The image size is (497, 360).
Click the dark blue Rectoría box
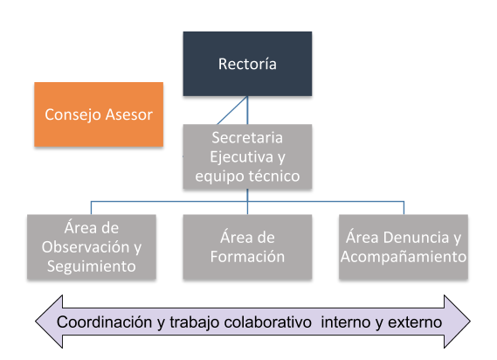point(247,64)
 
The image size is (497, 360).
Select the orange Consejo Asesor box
point(99,114)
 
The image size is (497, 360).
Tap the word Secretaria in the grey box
point(247,138)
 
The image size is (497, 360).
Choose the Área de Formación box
point(247,247)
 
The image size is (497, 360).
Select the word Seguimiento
point(92,267)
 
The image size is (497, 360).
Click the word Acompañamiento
point(404,257)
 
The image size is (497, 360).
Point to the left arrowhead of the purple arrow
point(49,322)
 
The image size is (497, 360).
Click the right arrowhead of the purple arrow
point(457,322)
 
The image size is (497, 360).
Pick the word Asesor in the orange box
point(129,114)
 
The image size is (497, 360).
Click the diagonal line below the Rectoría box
point(232,110)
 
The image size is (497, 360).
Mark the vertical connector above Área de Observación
point(92,208)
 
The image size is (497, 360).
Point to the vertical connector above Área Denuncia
point(404,208)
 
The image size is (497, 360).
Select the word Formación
point(247,257)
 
